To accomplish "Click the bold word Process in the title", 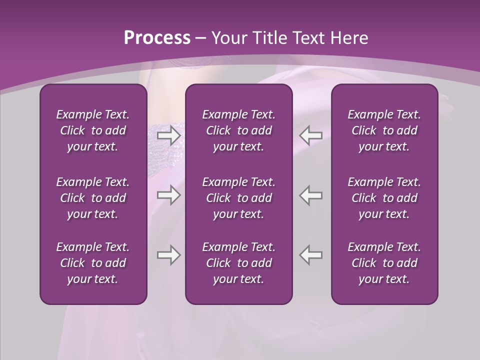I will click(157, 38).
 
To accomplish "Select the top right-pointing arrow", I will click(168, 135).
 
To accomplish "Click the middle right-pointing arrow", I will click(168, 195).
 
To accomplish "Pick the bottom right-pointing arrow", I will click(168, 255).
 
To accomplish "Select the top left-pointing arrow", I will click(311, 135).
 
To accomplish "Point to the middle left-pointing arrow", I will click(311, 195).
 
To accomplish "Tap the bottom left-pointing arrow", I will click(311, 255).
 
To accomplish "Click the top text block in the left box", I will click(93, 130).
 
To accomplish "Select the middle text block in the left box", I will click(93, 198).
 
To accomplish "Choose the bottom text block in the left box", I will click(93, 263).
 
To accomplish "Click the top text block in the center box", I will click(238, 130).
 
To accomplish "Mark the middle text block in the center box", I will click(238, 198).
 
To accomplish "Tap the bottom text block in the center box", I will click(238, 263).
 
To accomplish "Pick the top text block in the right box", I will click(384, 130).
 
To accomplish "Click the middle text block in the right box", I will click(384, 198).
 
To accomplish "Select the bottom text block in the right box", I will click(384, 263).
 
